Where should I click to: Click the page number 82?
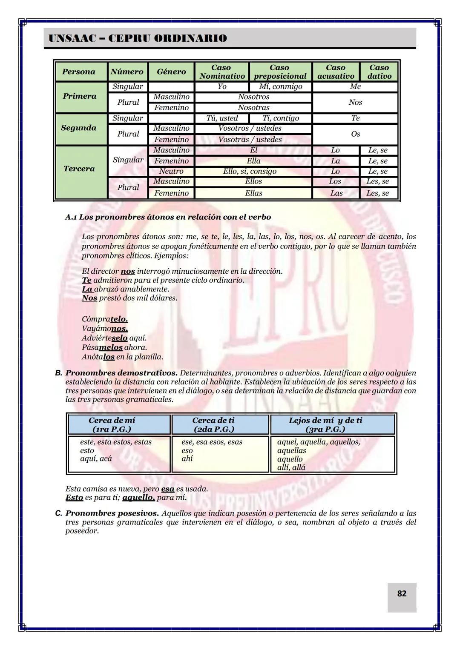point(402,593)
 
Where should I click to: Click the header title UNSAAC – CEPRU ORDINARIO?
point(138,38)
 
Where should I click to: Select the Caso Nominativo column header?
point(222,72)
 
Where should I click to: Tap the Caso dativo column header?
point(379,72)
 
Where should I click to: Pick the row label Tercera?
point(79,169)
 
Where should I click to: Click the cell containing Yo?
point(222,87)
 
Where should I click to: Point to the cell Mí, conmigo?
point(280,87)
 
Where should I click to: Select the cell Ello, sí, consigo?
point(250,172)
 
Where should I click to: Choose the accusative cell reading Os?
point(355,134)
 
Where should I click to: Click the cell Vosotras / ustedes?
point(250,140)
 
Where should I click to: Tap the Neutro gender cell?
point(171,172)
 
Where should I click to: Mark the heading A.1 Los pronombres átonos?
point(168,217)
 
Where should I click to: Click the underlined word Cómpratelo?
point(105,319)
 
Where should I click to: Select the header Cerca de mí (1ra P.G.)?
point(112,425)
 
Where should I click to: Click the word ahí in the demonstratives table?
point(187,459)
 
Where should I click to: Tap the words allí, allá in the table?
point(291,467)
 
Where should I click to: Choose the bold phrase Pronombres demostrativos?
point(121,373)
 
